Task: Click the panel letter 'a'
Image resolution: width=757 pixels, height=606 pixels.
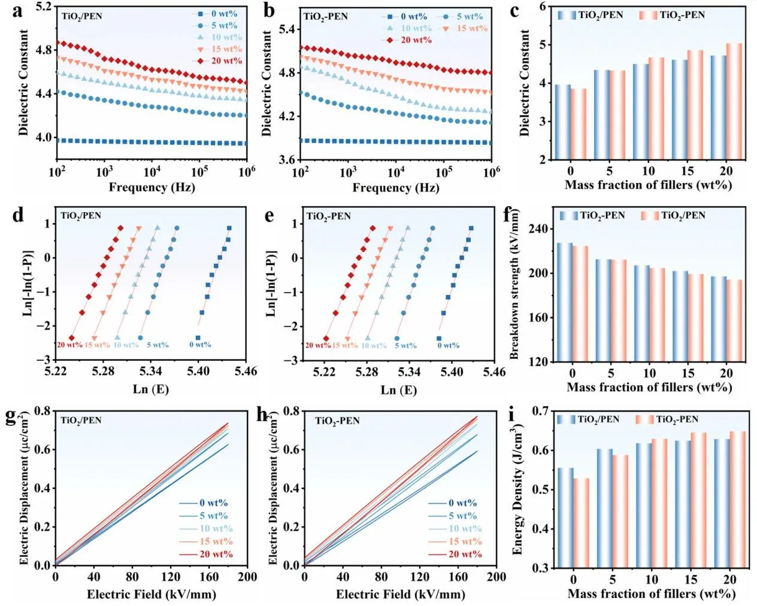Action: (18, 11)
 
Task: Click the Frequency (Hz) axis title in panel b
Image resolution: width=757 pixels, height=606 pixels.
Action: (395, 188)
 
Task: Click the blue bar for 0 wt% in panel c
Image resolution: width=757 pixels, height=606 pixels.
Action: (563, 122)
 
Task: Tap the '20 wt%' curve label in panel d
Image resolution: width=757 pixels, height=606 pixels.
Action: (69, 345)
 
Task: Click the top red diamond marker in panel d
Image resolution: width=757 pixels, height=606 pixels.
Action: (120, 228)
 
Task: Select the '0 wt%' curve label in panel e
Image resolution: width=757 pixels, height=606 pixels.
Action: (448, 346)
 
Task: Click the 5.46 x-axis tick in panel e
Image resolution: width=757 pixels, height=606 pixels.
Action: (493, 372)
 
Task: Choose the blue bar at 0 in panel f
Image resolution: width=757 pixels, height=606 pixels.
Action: (565, 302)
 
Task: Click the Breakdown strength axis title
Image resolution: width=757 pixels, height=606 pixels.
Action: (514, 284)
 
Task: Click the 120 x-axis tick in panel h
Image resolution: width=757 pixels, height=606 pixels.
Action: (419, 577)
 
